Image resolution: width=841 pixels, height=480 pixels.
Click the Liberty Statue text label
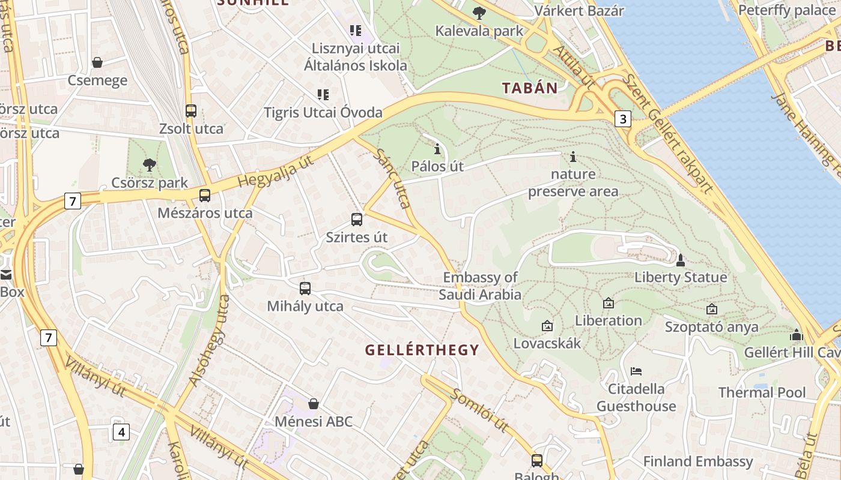coord(681,277)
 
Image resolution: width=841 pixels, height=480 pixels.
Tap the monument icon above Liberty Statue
coord(681,260)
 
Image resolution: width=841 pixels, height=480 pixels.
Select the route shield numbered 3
coord(623,119)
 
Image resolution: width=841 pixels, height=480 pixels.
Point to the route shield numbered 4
coord(121,431)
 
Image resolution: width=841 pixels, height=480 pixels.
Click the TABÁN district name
coord(530,88)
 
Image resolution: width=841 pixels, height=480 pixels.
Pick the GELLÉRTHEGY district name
coord(422,350)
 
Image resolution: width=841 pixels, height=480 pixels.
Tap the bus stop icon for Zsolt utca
coord(191,111)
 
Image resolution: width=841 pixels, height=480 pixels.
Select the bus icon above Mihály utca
coord(305,289)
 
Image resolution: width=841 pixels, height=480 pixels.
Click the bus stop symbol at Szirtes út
coord(357,220)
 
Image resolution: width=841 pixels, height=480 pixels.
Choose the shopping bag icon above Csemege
coord(97,62)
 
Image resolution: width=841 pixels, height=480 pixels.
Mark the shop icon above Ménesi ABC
coord(313,404)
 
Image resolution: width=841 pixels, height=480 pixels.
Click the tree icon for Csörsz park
coord(150,164)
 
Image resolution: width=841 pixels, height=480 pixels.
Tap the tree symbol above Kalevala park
coord(479,13)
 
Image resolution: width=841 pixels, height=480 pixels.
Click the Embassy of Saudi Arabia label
coord(480,286)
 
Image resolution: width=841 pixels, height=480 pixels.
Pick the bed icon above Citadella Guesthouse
coord(636,371)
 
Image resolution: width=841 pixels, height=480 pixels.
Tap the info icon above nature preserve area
coord(573,157)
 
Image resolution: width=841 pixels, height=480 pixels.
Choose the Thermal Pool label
coord(762,392)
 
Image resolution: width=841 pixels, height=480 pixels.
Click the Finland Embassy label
coord(697,461)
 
